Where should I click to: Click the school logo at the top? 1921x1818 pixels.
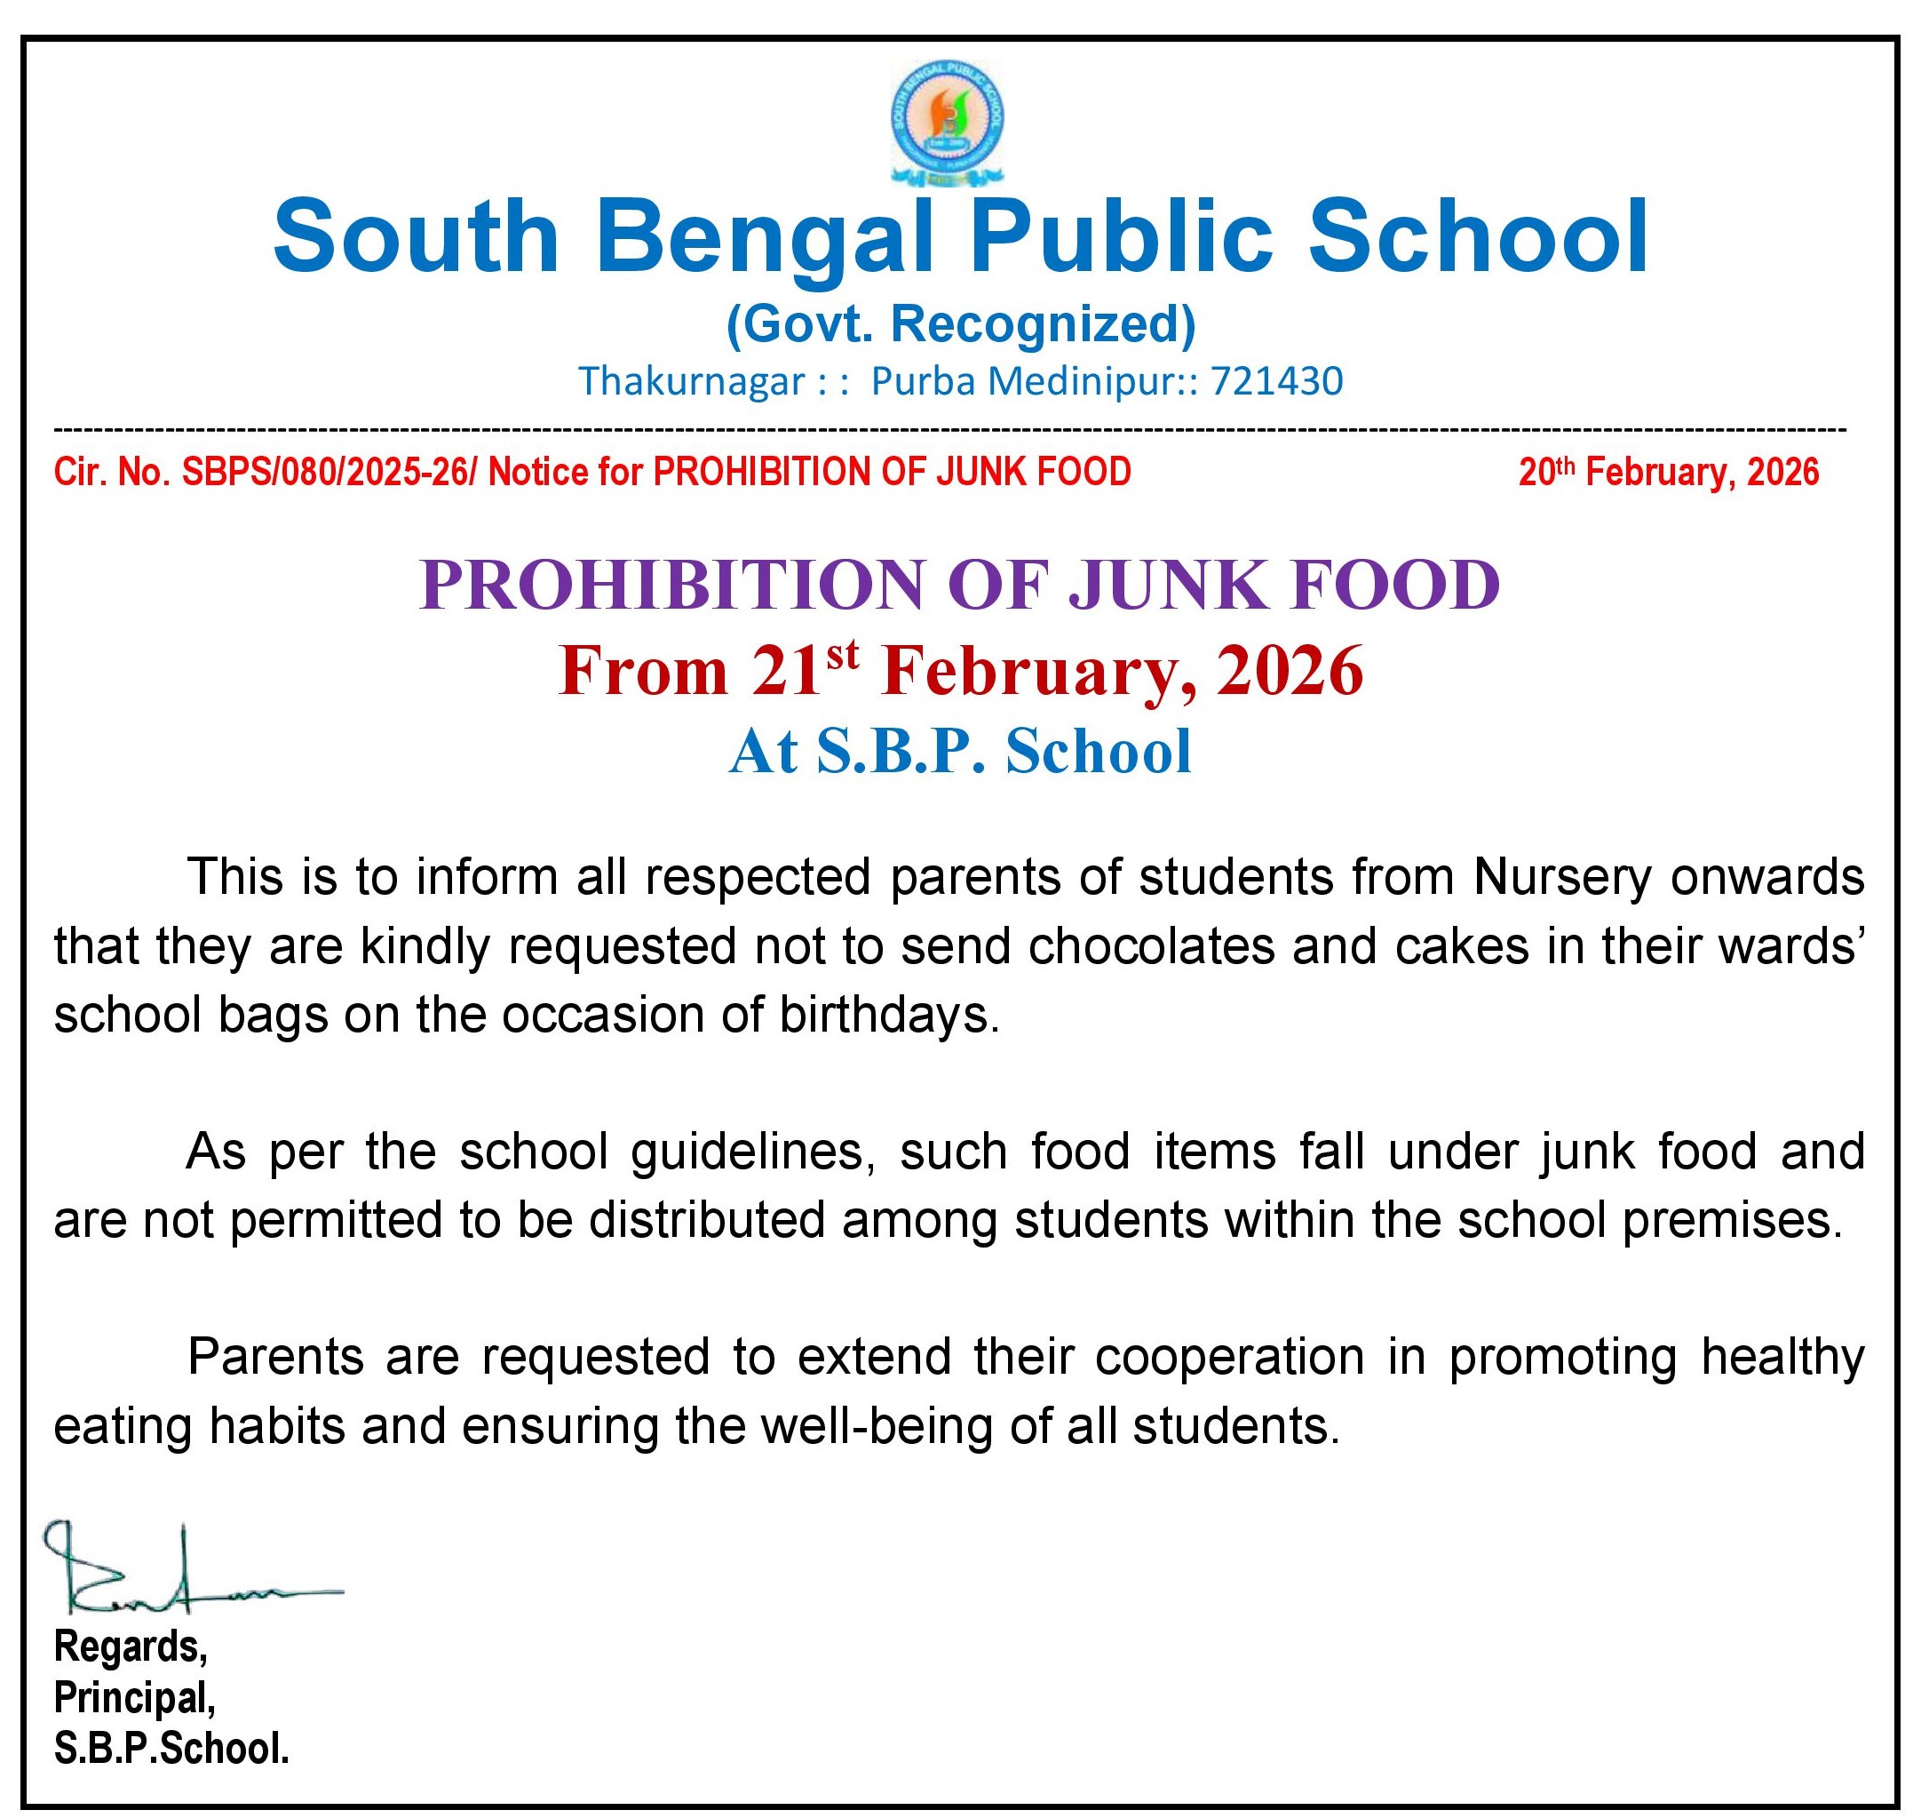947,122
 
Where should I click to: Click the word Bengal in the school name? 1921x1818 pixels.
766,237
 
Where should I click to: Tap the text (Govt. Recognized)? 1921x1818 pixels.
960,324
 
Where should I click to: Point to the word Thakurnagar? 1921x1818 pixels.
692,382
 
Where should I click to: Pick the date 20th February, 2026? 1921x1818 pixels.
1668,472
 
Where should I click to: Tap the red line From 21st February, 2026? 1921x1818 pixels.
960,671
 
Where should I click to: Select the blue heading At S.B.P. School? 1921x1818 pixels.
960,751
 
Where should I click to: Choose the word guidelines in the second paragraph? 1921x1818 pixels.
746,1152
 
